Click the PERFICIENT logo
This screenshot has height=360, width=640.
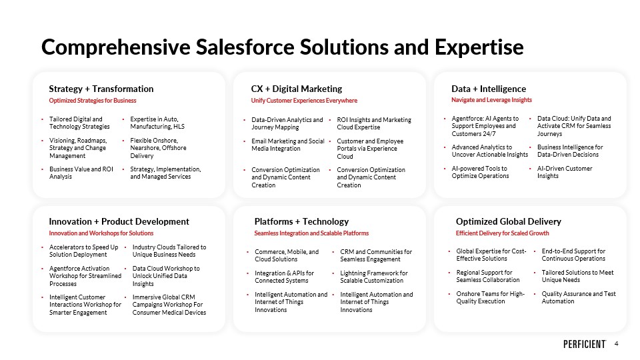tap(585, 344)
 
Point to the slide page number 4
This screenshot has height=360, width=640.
tap(616, 344)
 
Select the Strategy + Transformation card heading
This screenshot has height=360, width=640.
tap(101, 89)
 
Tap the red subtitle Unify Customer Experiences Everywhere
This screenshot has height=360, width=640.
tap(304, 101)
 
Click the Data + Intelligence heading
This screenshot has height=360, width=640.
tap(489, 89)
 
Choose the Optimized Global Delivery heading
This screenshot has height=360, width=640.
tap(509, 221)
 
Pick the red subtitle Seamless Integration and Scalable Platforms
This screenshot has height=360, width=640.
tap(311, 233)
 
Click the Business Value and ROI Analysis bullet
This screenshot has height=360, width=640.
tap(81, 173)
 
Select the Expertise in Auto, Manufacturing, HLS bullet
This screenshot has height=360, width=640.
tap(157, 123)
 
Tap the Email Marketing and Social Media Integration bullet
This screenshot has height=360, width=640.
tap(288, 145)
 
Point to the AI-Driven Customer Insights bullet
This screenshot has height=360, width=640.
tap(565, 172)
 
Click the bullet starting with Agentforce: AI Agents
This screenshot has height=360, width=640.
tap(485, 126)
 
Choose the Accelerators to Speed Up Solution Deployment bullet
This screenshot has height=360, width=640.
tap(84, 251)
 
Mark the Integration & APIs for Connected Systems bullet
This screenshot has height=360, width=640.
tap(285, 277)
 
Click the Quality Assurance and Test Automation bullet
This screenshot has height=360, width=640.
tap(579, 297)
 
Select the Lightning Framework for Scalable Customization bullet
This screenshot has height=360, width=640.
tap(374, 277)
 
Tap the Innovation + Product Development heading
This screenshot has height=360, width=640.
tap(119, 221)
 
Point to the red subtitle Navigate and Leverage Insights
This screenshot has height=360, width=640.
tap(491, 100)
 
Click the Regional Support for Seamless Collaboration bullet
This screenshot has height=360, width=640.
tap(488, 276)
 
